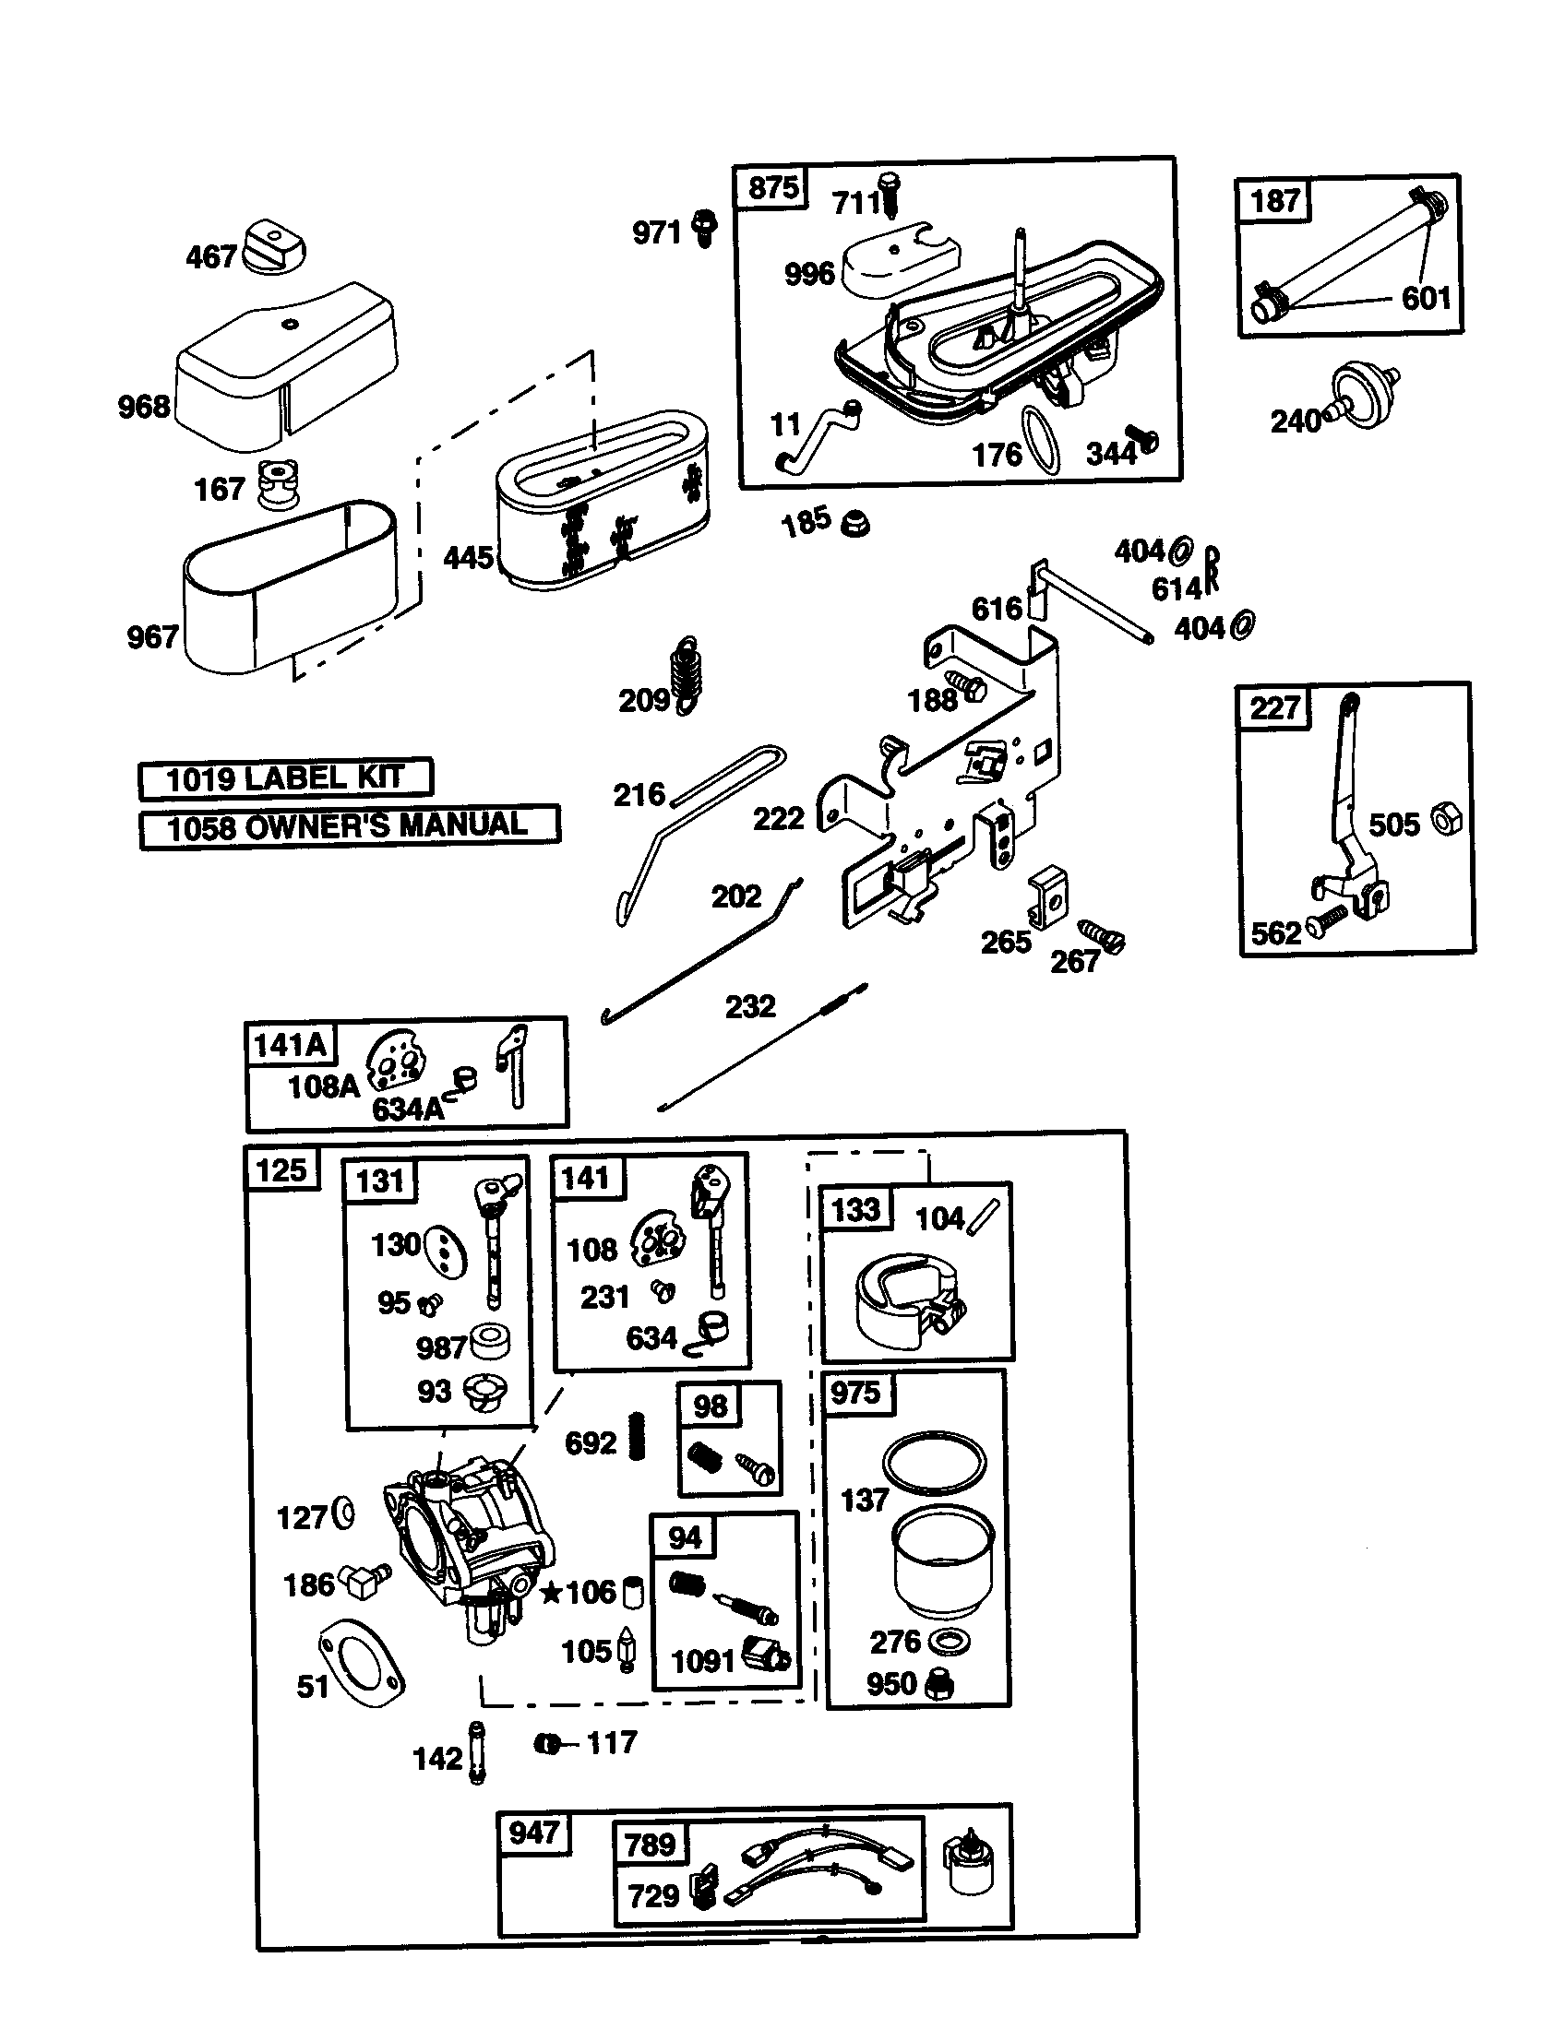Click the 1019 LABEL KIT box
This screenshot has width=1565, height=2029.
point(285,778)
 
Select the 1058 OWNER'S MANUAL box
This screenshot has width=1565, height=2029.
point(350,826)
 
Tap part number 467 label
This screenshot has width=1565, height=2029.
point(211,256)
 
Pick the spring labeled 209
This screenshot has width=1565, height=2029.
point(687,674)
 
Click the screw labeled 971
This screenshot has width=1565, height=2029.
point(706,227)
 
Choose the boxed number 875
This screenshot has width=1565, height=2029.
point(773,187)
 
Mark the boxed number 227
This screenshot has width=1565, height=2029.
point(1274,708)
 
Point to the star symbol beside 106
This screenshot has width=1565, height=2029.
point(551,1594)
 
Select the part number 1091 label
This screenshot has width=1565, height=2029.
point(703,1660)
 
